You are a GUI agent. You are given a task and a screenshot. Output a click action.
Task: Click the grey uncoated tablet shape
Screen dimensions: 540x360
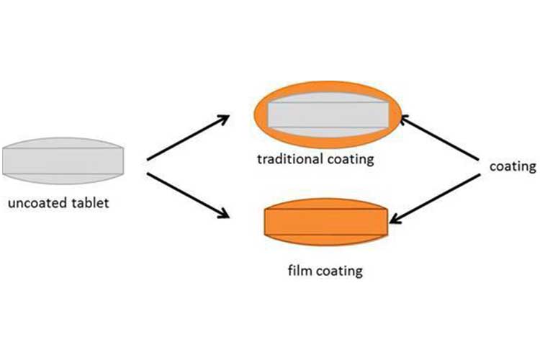tap(63, 161)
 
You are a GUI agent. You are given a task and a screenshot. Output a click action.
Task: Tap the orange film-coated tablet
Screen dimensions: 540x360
tap(326, 222)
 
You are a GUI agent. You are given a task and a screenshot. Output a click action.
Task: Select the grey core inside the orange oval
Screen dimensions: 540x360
tap(328, 114)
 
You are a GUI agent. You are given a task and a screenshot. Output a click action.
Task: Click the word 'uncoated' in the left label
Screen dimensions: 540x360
tap(37, 203)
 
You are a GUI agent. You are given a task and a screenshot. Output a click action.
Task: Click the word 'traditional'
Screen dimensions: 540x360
tap(290, 159)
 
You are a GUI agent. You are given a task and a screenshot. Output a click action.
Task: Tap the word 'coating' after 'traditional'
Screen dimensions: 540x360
tap(351, 160)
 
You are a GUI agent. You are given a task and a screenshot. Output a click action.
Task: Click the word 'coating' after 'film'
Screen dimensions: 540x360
tap(339, 271)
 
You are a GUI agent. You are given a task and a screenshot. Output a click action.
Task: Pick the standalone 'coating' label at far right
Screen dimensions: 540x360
tap(513, 167)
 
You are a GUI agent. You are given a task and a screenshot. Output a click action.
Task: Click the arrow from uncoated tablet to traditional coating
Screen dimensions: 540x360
tap(188, 138)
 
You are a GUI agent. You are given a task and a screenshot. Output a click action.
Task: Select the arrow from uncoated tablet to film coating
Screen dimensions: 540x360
tap(188, 196)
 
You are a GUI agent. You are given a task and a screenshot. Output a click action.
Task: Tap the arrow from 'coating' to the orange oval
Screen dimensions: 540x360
tap(439, 138)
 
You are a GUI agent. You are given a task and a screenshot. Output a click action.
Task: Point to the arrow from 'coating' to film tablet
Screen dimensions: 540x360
tap(435, 199)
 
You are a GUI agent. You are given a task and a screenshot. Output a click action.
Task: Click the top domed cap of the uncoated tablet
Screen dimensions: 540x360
tap(63, 143)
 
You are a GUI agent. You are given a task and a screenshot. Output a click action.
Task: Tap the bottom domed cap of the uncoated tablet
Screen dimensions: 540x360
tap(63, 179)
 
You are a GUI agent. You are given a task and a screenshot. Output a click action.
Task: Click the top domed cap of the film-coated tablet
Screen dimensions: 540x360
tap(326, 203)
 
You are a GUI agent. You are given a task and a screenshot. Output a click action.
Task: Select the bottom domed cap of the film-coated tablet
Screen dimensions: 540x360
tap(326, 240)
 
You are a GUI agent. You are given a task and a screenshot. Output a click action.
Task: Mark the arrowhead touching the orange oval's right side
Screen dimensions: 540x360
tap(405, 120)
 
